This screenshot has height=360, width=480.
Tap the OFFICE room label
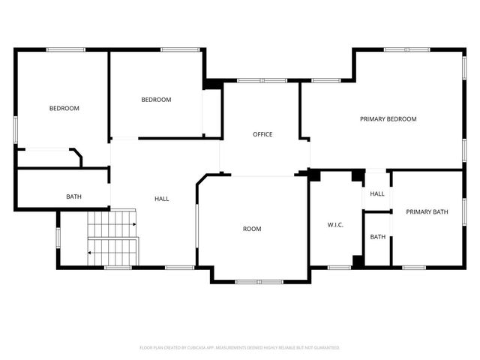tap(262, 135)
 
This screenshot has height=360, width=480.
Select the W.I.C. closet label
tap(335, 225)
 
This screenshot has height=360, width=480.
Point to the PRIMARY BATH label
tap(427, 212)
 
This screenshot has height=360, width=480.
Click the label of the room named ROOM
tap(252, 229)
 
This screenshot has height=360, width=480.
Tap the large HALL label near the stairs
tap(161, 199)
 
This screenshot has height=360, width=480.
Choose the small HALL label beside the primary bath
tap(377, 193)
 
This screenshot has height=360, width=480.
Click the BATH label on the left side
tap(73, 197)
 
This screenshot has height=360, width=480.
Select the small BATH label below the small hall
tap(378, 237)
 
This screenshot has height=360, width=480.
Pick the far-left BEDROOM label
tap(64, 109)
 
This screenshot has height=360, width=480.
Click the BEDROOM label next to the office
tap(156, 100)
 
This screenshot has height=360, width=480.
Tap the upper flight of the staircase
tap(112, 222)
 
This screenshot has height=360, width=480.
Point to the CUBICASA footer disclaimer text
tap(240, 348)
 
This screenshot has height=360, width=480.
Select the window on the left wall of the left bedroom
tap(15, 129)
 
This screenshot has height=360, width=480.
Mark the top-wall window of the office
tap(262, 80)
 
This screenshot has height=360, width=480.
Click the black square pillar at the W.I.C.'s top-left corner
tap(314, 175)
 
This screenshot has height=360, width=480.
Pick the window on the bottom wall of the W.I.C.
tap(340, 267)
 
